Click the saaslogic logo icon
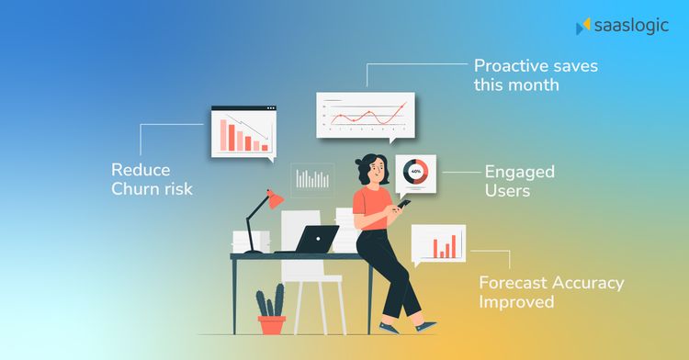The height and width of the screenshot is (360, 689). [582, 27]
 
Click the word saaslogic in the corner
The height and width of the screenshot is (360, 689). [629, 26]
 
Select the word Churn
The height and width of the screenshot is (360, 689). [138, 189]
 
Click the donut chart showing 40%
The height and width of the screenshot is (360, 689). [415, 172]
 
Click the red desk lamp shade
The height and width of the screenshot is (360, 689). [275, 198]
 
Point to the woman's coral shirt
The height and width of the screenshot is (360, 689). [371, 204]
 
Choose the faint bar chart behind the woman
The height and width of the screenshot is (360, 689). [312, 178]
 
